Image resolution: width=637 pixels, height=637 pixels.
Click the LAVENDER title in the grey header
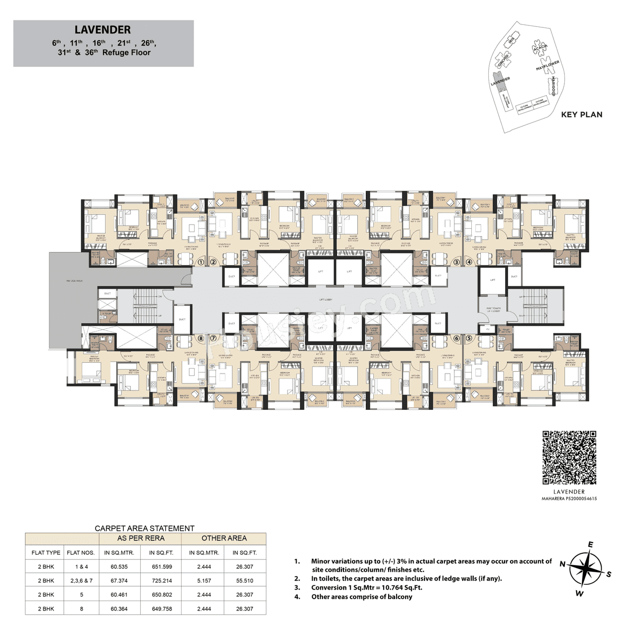(103, 30)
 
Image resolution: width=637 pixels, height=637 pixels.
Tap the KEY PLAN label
(581, 115)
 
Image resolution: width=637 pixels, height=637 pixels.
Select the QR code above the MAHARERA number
(569, 458)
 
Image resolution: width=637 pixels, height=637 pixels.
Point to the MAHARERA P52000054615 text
(569, 499)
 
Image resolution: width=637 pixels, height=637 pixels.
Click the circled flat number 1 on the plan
(201, 262)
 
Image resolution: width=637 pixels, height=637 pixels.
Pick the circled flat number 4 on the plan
(469, 262)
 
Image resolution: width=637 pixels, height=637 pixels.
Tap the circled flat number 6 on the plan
(456, 338)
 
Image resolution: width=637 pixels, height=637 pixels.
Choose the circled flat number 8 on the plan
(201, 338)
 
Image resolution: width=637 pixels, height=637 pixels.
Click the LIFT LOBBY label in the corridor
(325, 300)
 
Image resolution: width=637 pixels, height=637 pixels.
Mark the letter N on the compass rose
(562, 564)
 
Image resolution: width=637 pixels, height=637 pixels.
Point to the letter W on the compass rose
(579, 593)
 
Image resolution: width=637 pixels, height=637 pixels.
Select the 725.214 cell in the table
(162, 581)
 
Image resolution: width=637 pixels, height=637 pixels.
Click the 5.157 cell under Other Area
(204, 581)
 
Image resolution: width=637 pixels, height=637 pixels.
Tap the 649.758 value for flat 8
(162, 609)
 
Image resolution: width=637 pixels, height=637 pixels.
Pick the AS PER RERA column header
(141, 538)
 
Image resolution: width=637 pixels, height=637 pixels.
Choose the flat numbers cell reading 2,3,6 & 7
(82, 581)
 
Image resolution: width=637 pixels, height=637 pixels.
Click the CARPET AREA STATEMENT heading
(144, 528)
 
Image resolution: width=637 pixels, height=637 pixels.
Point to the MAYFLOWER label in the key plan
(547, 65)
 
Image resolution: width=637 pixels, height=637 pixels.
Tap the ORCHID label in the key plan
(503, 61)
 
